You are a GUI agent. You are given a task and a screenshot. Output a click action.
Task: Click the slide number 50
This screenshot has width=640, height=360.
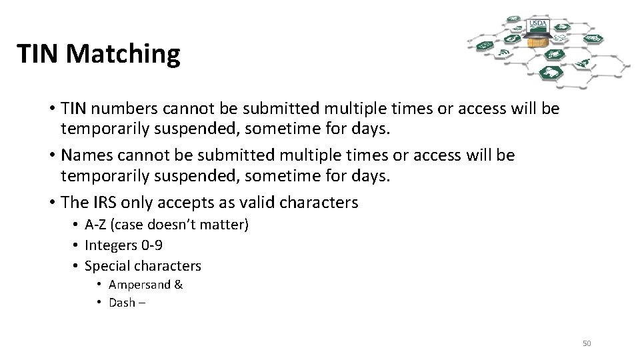[587, 343]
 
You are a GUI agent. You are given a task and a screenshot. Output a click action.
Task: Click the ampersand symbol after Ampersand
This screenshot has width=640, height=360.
[178, 285]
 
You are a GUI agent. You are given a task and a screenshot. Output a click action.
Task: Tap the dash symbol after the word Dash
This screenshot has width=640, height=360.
[141, 302]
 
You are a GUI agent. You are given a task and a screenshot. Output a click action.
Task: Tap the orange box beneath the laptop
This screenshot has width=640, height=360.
[533, 42]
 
